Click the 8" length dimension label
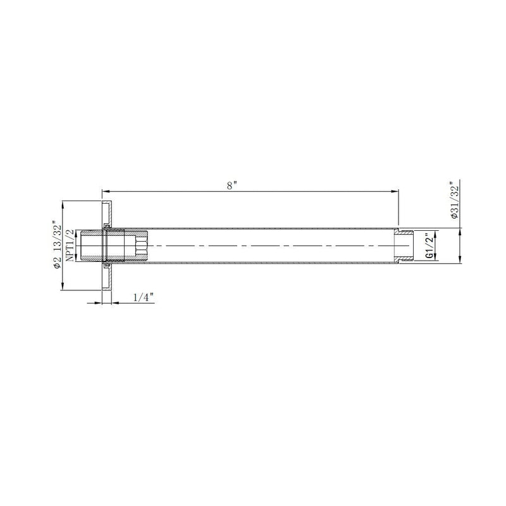(233, 185)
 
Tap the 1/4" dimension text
(143, 297)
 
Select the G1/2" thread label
(429, 246)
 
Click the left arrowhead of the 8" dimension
(105, 190)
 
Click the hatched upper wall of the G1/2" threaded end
(403, 233)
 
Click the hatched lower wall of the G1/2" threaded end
(403, 257)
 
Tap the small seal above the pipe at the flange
(107, 226)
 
